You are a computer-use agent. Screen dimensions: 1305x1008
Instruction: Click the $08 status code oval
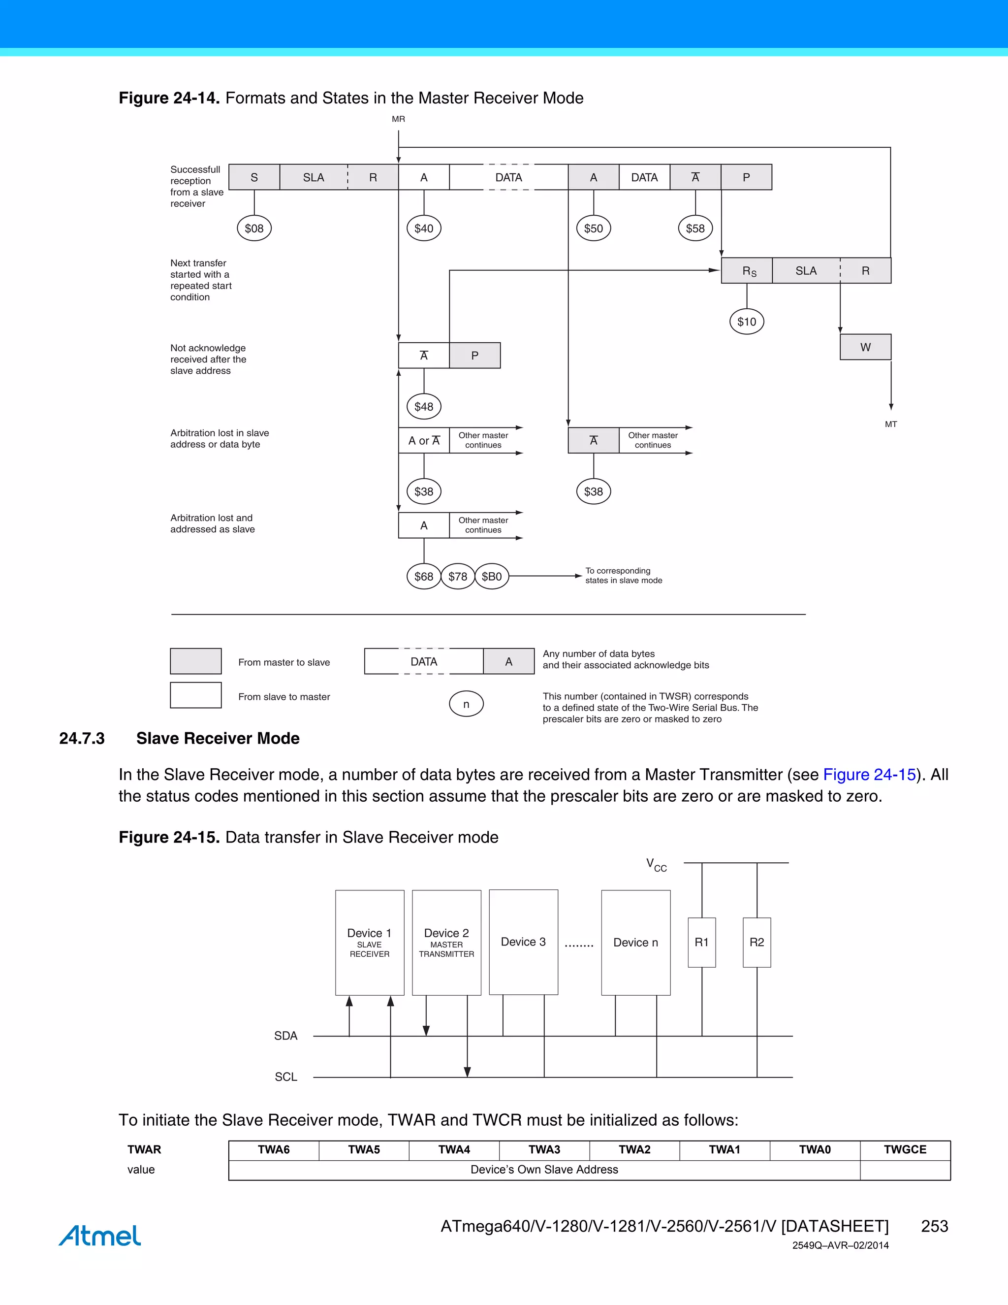(x=254, y=228)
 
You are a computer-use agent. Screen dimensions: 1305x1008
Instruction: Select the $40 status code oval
(x=424, y=228)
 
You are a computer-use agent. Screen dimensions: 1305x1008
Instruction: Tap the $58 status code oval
(x=695, y=228)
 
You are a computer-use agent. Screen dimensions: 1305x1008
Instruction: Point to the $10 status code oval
(x=747, y=322)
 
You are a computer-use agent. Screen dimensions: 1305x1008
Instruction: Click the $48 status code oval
(x=424, y=406)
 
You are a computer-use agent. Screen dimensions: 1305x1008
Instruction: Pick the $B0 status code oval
(x=492, y=577)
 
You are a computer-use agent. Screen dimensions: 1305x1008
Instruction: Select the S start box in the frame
(x=254, y=177)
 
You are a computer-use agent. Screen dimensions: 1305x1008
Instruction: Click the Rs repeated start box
(x=747, y=271)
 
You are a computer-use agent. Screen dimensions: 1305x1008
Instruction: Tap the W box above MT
(x=865, y=347)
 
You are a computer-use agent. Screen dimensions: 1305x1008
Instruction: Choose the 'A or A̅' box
(x=424, y=440)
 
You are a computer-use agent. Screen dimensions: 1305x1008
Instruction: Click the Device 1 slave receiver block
(x=370, y=942)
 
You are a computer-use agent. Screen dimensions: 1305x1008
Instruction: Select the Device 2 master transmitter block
(x=447, y=942)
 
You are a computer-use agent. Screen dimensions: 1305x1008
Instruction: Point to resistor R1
(x=702, y=942)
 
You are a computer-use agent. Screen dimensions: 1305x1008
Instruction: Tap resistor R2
(x=756, y=942)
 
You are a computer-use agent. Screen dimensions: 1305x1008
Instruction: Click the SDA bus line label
(x=285, y=1036)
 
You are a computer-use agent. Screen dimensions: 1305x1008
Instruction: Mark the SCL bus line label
(x=285, y=1077)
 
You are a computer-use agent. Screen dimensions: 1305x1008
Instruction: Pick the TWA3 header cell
(x=544, y=1150)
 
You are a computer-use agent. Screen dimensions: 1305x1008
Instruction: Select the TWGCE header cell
(x=905, y=1150)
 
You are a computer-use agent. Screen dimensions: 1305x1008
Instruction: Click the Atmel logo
(x=100, y=1235)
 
